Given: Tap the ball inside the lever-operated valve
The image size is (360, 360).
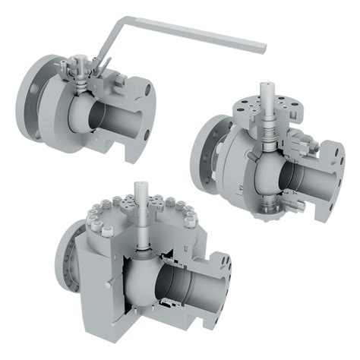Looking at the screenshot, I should point(82,114).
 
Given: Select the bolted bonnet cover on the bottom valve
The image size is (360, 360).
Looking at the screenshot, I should point(137,209).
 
